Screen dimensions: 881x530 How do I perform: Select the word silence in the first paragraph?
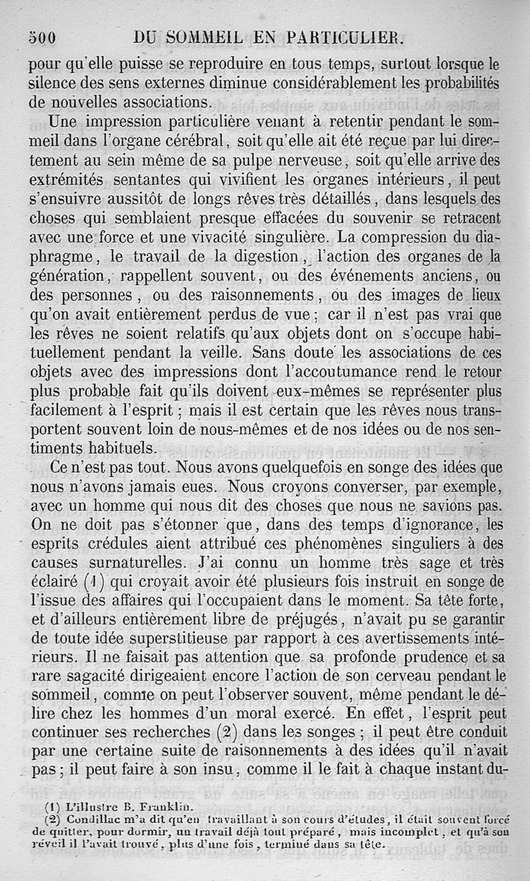[51, 85]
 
